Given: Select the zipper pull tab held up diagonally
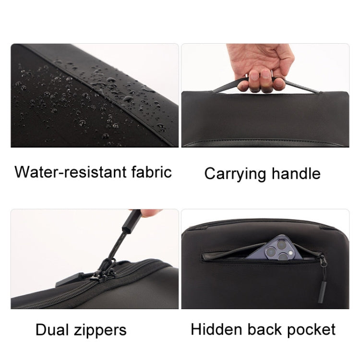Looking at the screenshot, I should tap(126, 235).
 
